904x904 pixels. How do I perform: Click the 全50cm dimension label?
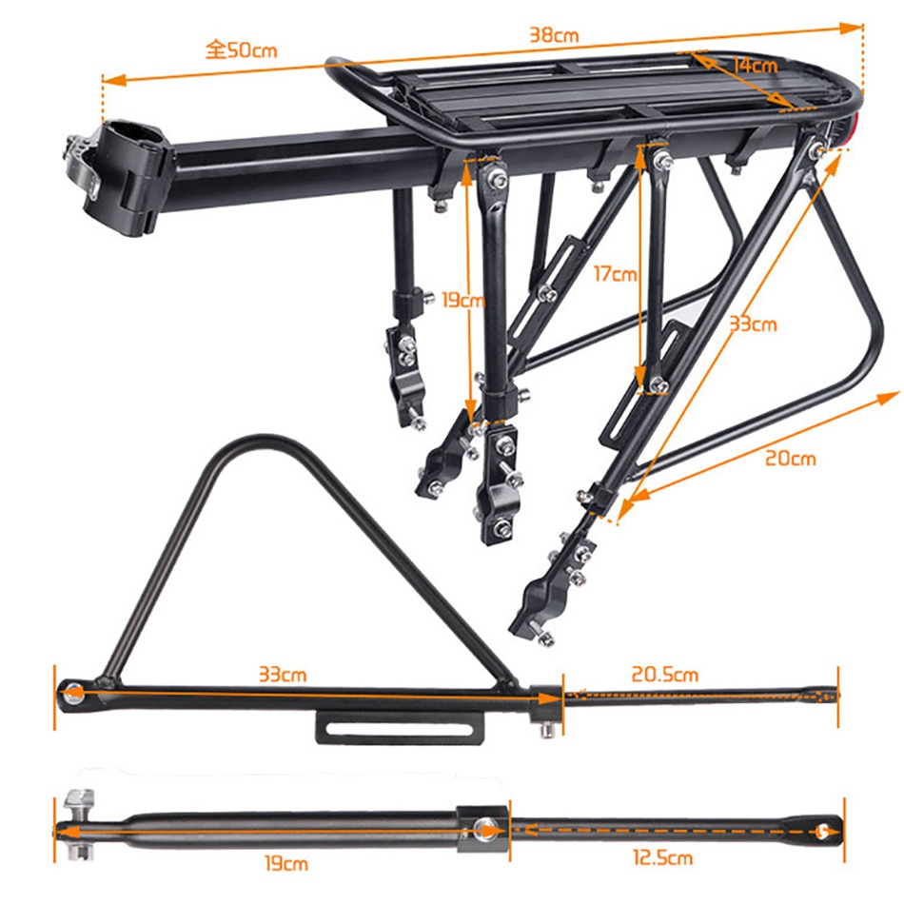[x=242, y=49]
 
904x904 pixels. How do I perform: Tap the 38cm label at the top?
[x=554, y=35]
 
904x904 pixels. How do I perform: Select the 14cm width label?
[x=755, y=66]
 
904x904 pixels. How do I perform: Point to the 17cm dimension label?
[x=614, y=275]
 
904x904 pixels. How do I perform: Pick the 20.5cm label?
[x=665, y=675]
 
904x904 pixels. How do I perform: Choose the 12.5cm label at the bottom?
[x=661, y=858]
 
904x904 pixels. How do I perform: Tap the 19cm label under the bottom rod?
[x=285, y=864]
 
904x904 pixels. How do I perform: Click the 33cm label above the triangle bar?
[x=283, y=675]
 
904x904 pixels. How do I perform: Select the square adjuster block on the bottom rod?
[x=484, y=828]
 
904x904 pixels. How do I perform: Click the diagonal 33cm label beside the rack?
[x=752, y=324]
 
